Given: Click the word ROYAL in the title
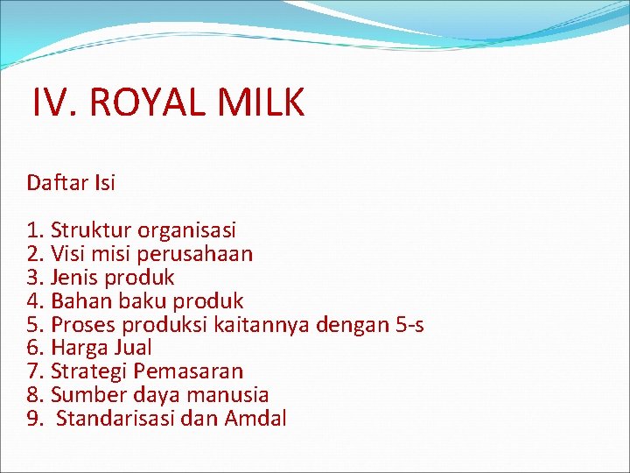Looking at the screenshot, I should (x=147, y=103).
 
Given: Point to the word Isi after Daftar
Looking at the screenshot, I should (x=103, y=183).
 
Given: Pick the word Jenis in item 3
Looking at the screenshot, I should (x=74, y=279).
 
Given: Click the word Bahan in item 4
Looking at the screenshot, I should (x=79, y=302).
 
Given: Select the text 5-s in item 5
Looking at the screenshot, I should (x=408, y=326).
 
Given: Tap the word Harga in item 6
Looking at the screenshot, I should (x=79, y=349).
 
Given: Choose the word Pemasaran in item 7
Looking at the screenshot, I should (x=188, y=372).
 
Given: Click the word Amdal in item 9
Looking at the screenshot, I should (x=255, y=419).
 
